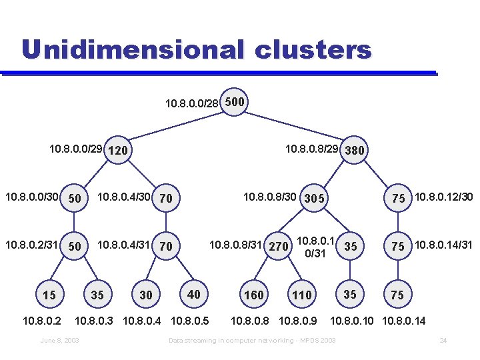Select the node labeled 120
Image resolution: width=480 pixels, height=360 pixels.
[117, 151]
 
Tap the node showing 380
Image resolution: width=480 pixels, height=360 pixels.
[354, 151]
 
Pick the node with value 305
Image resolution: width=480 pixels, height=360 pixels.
[313, 198]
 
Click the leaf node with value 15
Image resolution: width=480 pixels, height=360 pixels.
[49, 295]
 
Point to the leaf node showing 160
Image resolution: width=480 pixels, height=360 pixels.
[254, 295]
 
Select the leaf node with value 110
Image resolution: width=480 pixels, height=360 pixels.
[302, 295]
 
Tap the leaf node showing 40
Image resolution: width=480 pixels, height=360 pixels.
[193, 294]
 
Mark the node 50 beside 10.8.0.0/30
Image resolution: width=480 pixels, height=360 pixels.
[75, 199]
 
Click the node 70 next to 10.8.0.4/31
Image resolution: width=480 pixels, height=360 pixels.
[165, 247]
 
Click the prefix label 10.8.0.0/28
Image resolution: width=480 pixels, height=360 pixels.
[193, 103]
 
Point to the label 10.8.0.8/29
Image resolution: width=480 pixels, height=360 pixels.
[312, 149]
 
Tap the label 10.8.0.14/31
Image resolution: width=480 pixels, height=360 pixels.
[443, 245]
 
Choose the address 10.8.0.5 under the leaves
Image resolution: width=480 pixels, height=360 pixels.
[190, 321]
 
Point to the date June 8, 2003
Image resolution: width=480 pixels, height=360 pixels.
[60, 341]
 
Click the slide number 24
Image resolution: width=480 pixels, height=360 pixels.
[443, 341]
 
